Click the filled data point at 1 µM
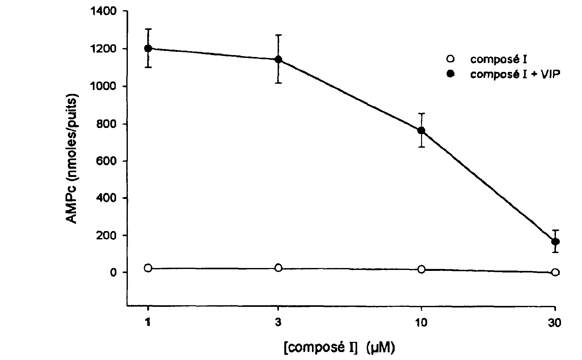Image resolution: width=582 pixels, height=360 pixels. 148,48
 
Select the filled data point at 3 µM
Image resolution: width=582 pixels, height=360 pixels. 278,60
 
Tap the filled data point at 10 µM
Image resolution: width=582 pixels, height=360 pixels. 421,130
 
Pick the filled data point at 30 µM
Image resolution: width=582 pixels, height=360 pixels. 555,242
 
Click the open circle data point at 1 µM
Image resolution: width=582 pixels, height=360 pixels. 148,268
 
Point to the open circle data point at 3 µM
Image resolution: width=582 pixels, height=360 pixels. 278,268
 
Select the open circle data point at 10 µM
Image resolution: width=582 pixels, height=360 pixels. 421,269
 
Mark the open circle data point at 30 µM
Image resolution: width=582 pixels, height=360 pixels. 555,272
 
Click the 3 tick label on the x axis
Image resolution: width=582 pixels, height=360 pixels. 278,323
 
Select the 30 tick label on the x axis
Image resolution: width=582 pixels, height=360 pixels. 555,323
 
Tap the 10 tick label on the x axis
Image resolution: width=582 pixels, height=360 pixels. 421,323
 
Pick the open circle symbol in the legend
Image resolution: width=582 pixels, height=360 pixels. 450,59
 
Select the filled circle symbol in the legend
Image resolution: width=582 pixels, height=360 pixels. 450,74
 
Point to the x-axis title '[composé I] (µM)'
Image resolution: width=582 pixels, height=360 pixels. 339,348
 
